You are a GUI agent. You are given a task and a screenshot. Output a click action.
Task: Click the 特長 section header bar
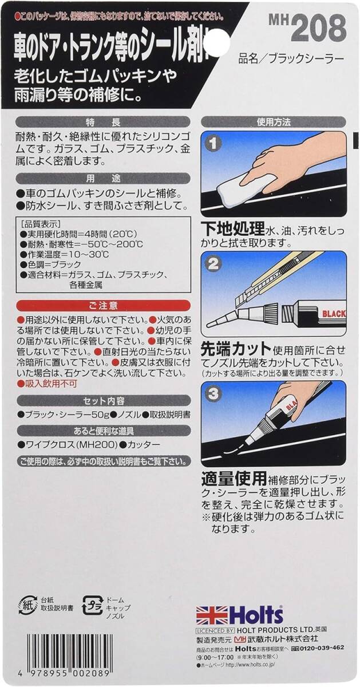(x=103, y=121)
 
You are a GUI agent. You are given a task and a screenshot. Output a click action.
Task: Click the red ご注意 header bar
(x=103, y=305)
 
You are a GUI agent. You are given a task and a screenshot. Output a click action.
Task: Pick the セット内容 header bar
(x=103, y=400)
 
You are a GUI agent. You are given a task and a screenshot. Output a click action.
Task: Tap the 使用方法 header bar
(x=274, y=121)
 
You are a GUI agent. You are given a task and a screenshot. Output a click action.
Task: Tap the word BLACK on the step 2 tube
(x=330, y=314)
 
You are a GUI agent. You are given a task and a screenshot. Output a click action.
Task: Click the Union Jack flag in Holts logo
(x=212, y=615)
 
